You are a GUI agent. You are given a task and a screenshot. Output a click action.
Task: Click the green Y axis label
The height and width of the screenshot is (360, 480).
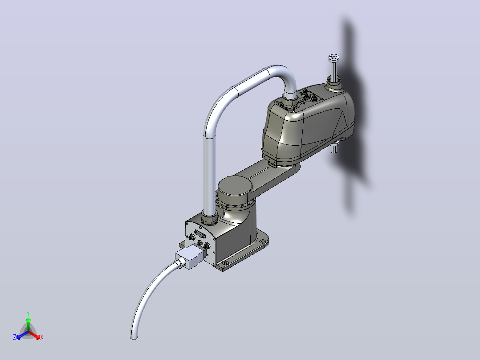(x=28, y=313)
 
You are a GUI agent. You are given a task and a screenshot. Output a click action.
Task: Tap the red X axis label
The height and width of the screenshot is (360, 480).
(x=42, y=337)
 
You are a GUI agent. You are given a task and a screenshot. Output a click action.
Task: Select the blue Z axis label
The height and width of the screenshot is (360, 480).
(x=15, y=337)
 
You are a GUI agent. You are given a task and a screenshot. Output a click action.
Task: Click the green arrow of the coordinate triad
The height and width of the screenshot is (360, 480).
(x=28, y=324)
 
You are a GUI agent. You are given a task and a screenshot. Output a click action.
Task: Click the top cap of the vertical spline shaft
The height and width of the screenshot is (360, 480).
(x=334, y=57)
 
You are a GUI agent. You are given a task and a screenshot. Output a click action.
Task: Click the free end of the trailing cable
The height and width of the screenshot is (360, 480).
(x=134, y=337)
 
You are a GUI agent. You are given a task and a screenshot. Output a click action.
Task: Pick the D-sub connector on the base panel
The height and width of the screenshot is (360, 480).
(x=200, y=234)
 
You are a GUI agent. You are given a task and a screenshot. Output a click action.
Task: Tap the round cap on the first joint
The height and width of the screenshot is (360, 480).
(x=235, y=186)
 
